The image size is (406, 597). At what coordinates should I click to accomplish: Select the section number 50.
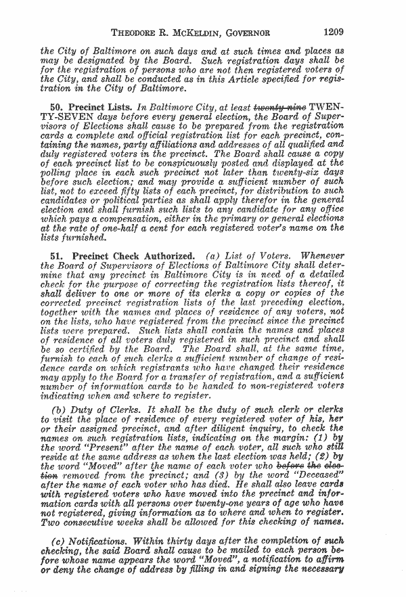click(x=56, y=107)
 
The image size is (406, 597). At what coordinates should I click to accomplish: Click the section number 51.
click(x=56, y=256)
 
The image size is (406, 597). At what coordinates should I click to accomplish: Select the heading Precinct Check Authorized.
click(x=129, y=256)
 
